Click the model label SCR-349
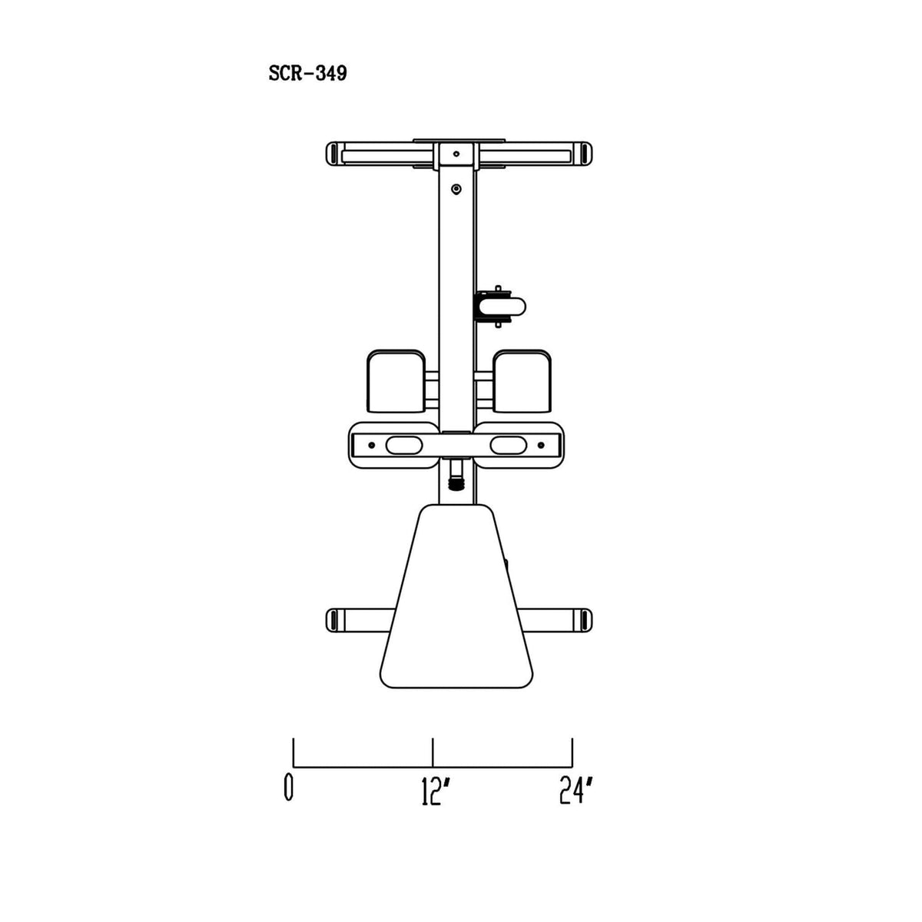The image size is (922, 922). pos(307,74)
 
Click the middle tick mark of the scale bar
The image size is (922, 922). pos(433,752)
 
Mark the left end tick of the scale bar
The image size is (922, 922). pos(294,752)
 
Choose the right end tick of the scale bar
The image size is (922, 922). pos(572,752)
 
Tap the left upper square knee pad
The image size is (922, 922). pos(396,381)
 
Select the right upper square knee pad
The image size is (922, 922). pos(522,381)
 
